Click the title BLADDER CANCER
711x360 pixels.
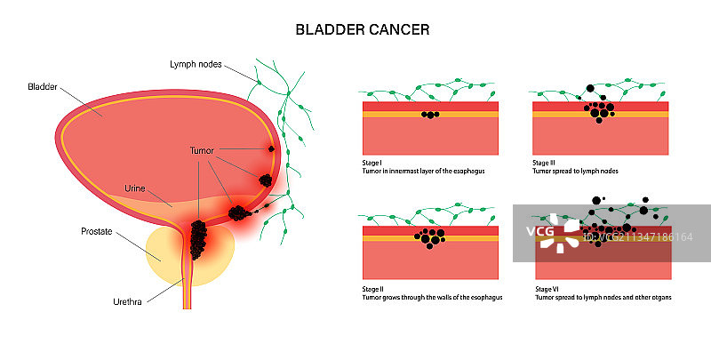(363, 29)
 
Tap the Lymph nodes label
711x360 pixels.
(196, 64)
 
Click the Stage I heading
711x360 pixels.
(369, 164)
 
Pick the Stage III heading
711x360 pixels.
(543, 164)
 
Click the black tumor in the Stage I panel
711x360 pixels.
(429, 115)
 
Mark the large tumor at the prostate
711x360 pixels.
(197, 237)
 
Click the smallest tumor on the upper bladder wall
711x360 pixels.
(271, 148)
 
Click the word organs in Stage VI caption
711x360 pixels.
(657, 297)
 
